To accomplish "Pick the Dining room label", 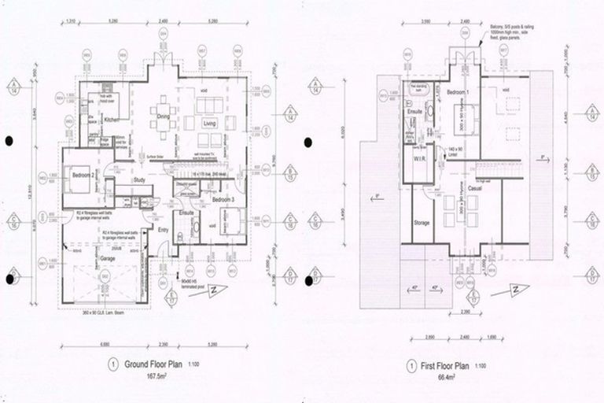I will tap(164, 116).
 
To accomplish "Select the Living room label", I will tap(210, 124).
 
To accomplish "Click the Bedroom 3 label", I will tap(226, 200).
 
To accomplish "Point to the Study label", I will tap(140, 179).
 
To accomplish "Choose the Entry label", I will tap(163, 230).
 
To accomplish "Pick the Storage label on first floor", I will tap(422, 224).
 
